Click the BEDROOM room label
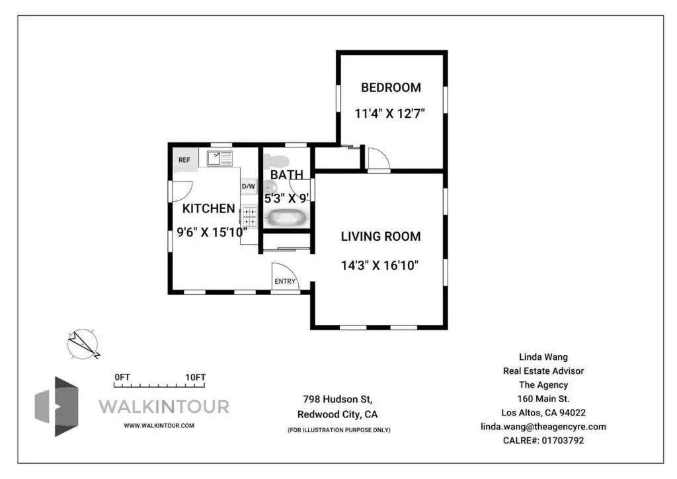pyautogui.click(x=391, y=88)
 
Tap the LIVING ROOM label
pyautogui.click(x=380, y=237)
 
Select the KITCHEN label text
pyautogui.click(x=208, y=208)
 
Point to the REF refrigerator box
pyautogui.click(x=186, y=160)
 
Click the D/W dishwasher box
pyautogui.click(x=249, y=187)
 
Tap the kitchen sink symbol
pyautogui.click(x=219, y=159)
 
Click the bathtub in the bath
pyautogui.click(x=287, y=218)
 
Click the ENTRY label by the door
pyautogui.click(x=285, y=282)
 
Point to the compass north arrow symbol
pyautogui.click(x=83, y=344)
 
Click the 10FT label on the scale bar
pyautogui.click(x=196, y=377)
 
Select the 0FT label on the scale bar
pyautogui.click(x=122, y=377)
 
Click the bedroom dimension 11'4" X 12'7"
pyautogui.click(x=390, y=114)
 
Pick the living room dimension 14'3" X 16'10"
pyautogui.click(x=380, y=265)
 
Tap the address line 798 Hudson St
pyautogui.click(x=338, y=399)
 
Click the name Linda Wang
pyautogui.click(x=543, y=357)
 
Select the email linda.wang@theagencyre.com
pyautogui.click(x=543, y=427)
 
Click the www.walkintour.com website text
pyautogui.click(x=159, y=425)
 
